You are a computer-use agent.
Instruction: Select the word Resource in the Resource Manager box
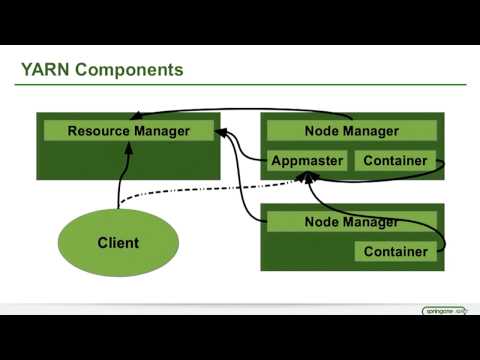pyautogui.click(x=99, y=131)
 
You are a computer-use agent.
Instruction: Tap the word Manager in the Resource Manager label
pyautogui.click(x=161, y=131)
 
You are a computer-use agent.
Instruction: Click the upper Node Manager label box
pyautogui.click(x=350, y=131)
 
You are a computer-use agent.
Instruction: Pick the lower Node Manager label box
pyautogui.click(x=350, y=222)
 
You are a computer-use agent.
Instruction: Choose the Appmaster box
pyautogui.click(x=307, y=161)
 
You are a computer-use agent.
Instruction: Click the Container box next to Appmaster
pyautogui.click(x=395, y=161)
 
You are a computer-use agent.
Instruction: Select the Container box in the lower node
pyautogui.click(x=395, y=252)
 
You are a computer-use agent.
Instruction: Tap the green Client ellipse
pyautogui.click(x=118, y=243)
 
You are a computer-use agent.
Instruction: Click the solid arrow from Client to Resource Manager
pyautogui.click(x=121, y=175)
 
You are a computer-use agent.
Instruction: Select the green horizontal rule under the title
pyautogui.click(x=240, y=85)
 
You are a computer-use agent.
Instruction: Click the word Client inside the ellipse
pyautogui.click(x=118, y=243)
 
